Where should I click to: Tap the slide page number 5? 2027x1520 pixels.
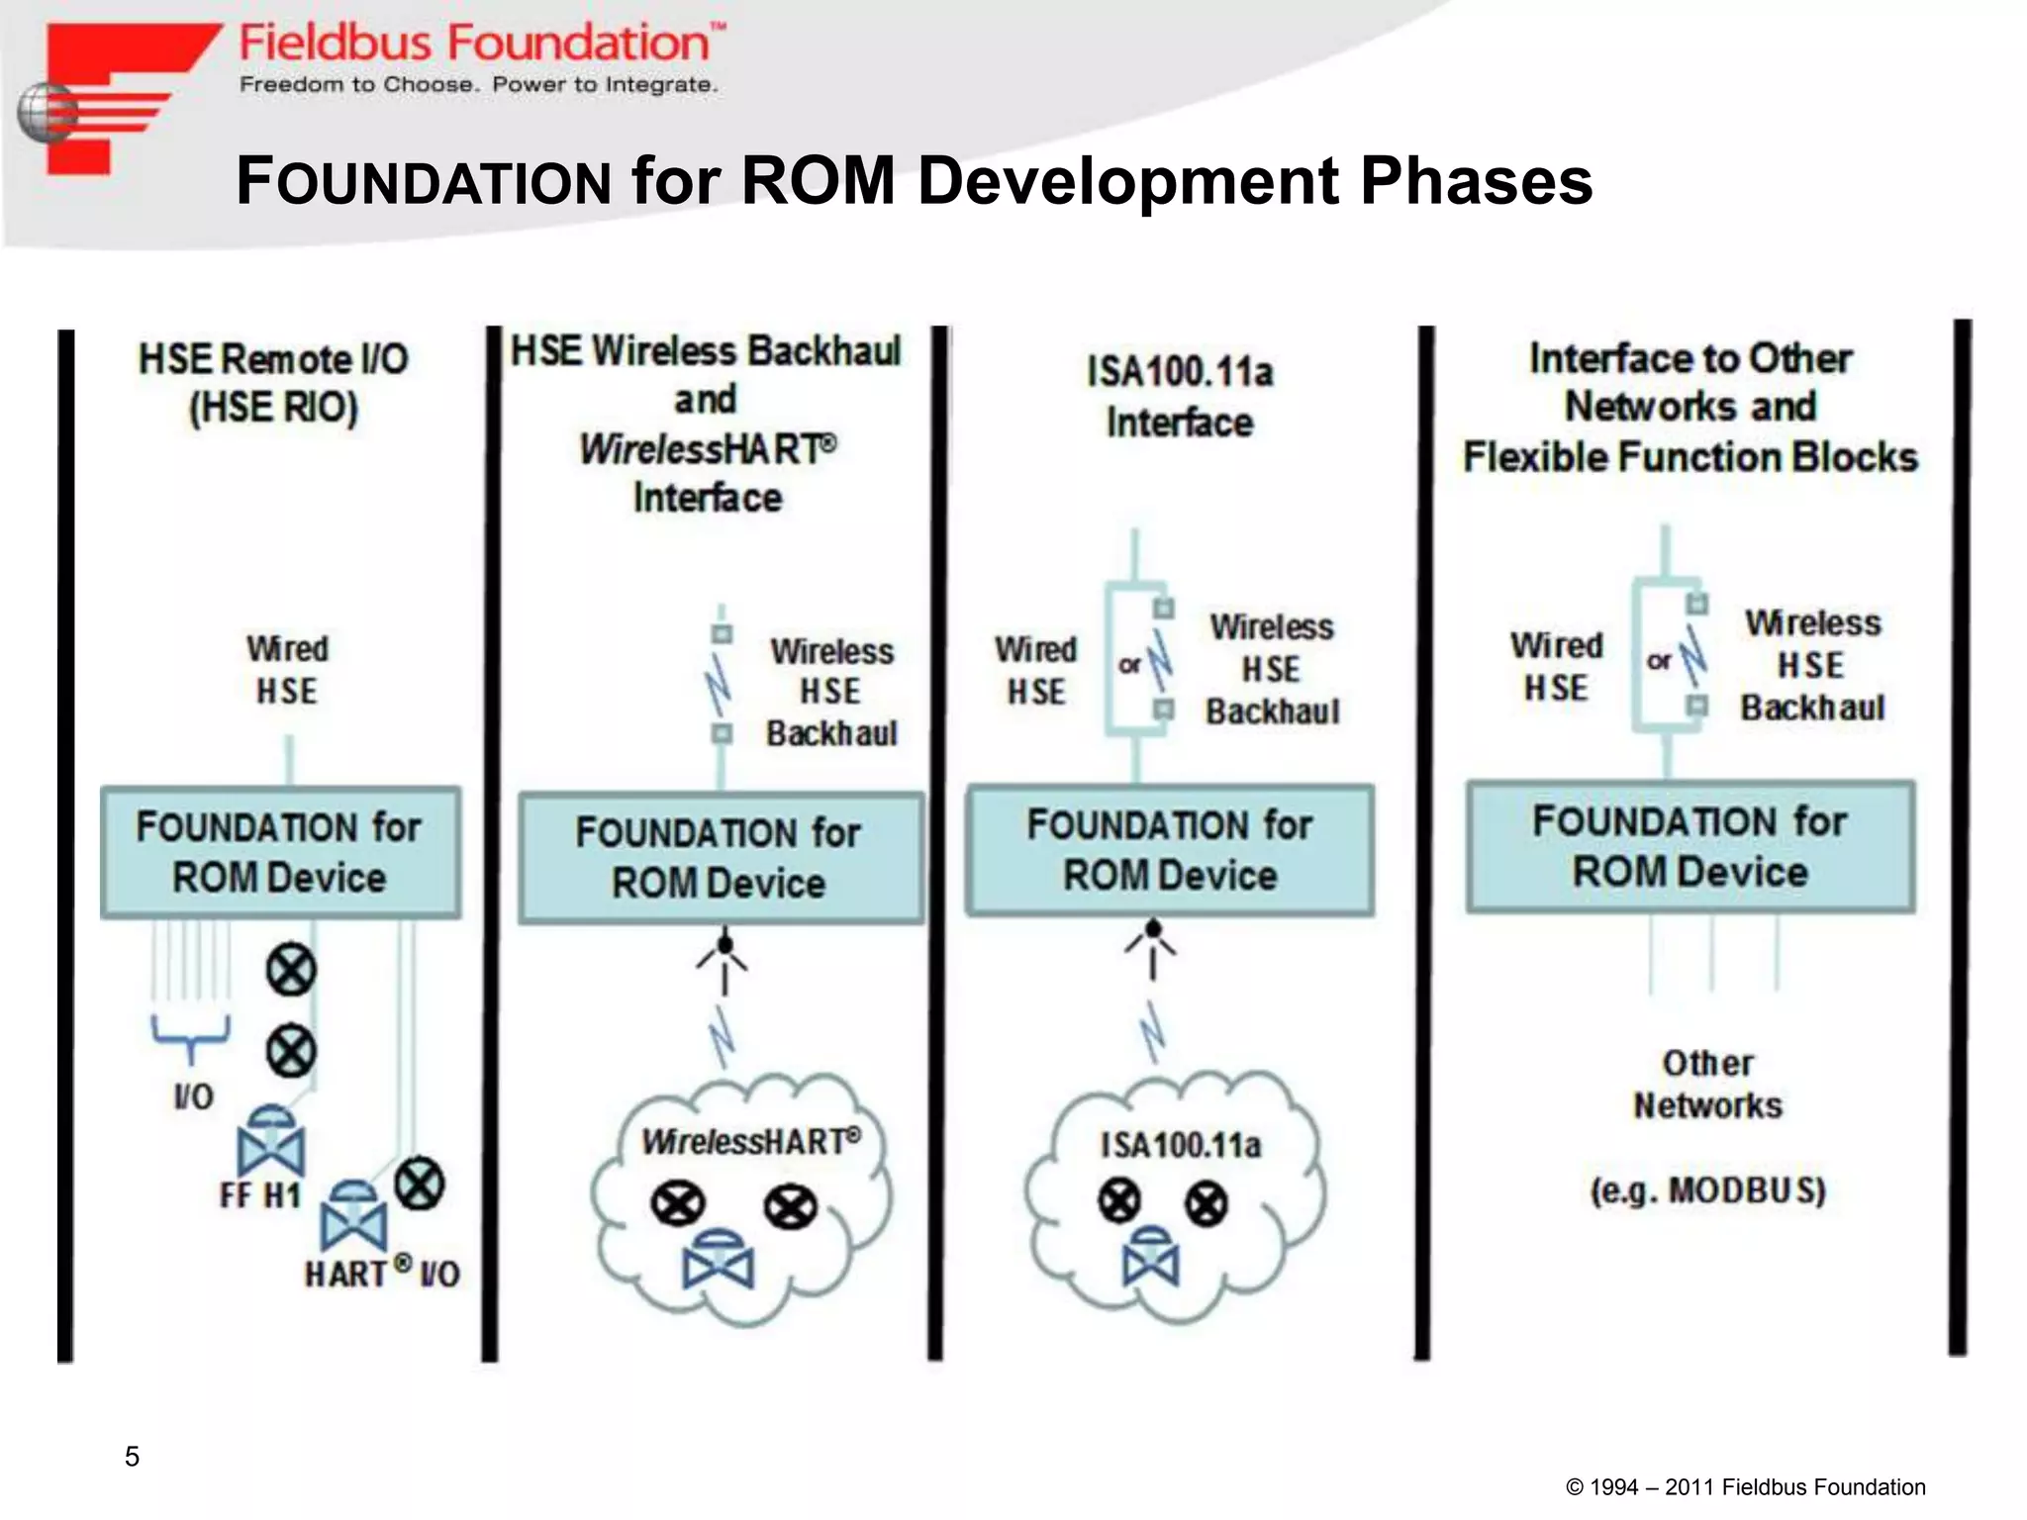click(132, 1456)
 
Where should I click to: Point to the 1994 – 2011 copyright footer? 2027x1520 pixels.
click(1745, 1487)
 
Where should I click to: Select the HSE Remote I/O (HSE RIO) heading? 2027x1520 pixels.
click(273, 383)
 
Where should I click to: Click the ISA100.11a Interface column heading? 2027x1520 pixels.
click(1180, 397)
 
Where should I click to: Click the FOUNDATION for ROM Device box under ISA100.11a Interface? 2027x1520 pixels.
click(1170, 850)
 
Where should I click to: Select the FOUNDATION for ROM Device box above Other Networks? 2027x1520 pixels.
click(1690, 847)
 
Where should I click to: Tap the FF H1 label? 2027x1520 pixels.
click(259, 1195)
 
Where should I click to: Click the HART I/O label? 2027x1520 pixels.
click(382, 1273)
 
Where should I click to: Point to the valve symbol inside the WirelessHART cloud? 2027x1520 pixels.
click(719, 1261)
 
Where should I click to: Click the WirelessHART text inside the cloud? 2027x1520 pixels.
click(751, 1142)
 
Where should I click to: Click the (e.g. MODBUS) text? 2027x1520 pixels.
click(1707, 1189)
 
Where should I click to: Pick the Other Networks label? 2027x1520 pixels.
click(1707, 1085)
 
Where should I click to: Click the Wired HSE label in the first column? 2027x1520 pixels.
click(287, 670)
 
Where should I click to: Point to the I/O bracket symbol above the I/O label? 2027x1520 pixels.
click(190, 1032)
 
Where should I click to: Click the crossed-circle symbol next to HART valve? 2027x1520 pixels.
click(420, 1184)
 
